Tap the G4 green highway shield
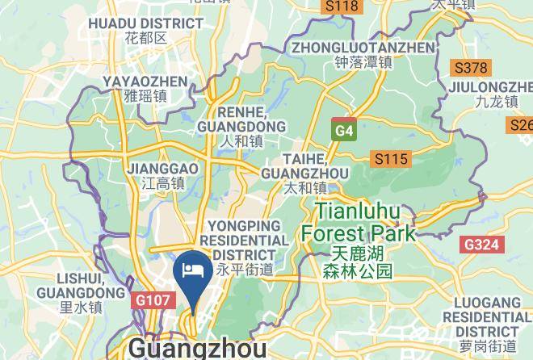[x=344, y=130]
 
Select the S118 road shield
[x=340, y=6]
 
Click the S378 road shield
[x=470, y=68]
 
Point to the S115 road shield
[x=389, y=159]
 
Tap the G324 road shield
[x=482, y=244]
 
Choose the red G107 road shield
[x=151, y=300]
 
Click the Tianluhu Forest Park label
[x=358, y=223]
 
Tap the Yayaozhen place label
[x=145, y=82]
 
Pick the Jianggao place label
[x=163, y=169]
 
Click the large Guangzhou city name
[x=197, y=349]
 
